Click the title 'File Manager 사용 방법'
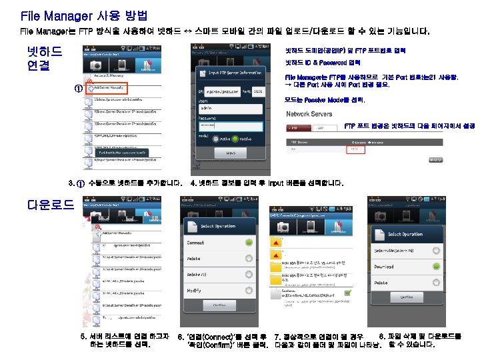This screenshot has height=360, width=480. [84, 15]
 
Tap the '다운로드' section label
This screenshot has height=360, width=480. [50, 205]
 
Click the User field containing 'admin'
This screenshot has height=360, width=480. [233, 107]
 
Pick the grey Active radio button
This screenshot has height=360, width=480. [215, 138]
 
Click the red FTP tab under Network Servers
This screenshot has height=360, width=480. [297, 127]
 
